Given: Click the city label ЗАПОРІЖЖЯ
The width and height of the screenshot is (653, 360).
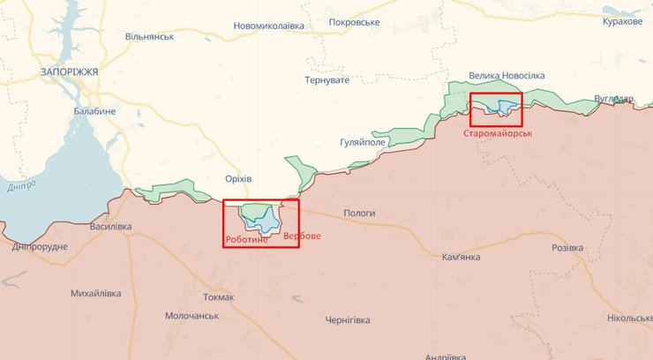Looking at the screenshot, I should click(x=70, y=71).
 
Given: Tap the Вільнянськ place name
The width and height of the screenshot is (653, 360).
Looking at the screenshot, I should click(x=150, y=37).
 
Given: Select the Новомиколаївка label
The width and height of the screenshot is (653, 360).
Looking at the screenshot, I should click(x=269, y=26).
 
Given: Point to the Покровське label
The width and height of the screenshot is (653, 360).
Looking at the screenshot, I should click(x=354, y=22).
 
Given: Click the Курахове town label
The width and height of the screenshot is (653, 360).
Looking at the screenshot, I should click(x=622, y=21).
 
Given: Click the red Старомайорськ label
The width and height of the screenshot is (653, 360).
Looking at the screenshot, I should click(x=499, y=132).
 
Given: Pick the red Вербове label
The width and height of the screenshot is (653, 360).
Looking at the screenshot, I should click(x=303, y=236).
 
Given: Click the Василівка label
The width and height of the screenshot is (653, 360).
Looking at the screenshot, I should click(x=110, y=227).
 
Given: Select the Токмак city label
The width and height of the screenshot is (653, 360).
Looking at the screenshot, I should click(x=217, y=297).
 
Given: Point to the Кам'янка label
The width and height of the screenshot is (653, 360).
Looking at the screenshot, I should click(x=461, y=257).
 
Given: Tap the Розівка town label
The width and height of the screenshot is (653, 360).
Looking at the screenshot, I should click(x=567, y=249).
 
